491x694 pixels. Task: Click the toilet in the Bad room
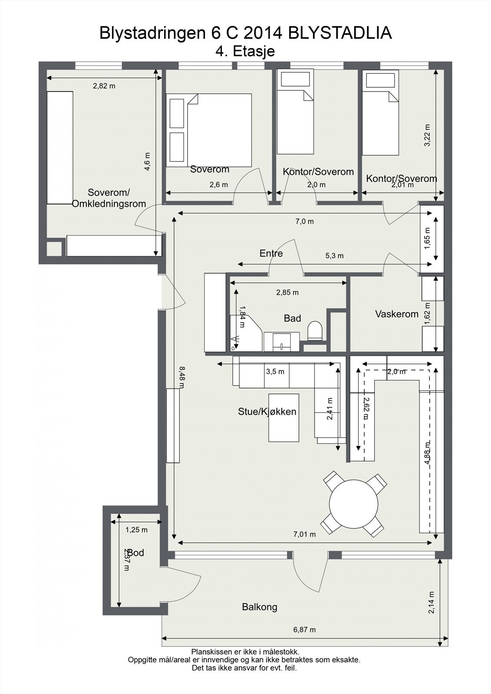314,331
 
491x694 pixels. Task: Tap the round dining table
353,504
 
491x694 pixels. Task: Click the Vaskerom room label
396,314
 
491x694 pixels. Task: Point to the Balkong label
260,607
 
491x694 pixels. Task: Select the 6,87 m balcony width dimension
304,629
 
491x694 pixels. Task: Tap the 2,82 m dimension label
104,86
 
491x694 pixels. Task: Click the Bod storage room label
135,553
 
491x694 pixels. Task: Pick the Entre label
271,253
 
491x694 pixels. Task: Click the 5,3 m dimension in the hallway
334,256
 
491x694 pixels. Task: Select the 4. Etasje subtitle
245,51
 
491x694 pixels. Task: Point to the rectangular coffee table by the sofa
283,417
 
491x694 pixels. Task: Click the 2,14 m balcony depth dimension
432,603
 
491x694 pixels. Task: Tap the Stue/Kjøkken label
267,412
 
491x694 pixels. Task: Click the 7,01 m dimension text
304,534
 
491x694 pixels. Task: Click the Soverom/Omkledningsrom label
109,198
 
